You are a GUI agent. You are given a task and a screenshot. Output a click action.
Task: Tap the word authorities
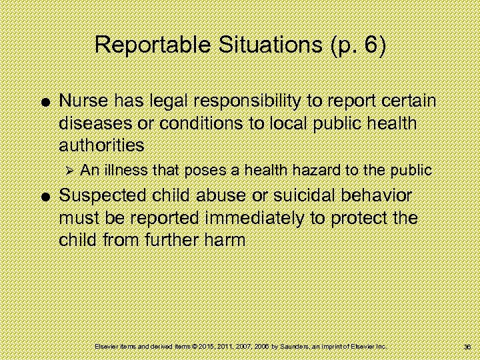pyautogui.click(x=101, y=145)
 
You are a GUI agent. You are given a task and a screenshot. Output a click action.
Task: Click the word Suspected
pyautogui.click(x=101, y=196)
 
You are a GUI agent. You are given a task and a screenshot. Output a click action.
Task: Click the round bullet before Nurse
pyautogui.click(x=43, y=102)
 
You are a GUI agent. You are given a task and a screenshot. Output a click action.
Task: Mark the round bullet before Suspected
pyautogui.click(x=43, y=197)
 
